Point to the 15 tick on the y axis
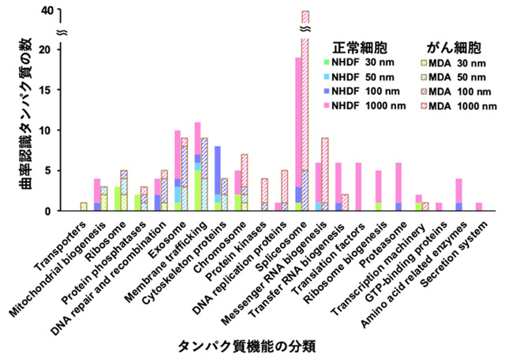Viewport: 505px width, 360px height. pos(53,90)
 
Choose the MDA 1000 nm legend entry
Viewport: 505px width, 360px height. pos(450,105)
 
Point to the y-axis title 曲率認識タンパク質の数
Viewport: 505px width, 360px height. pos(19,111)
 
